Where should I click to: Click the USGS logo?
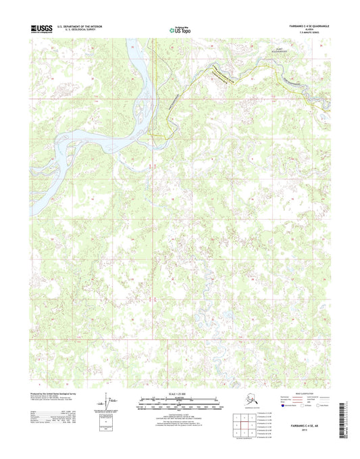[x=43, y=28]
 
